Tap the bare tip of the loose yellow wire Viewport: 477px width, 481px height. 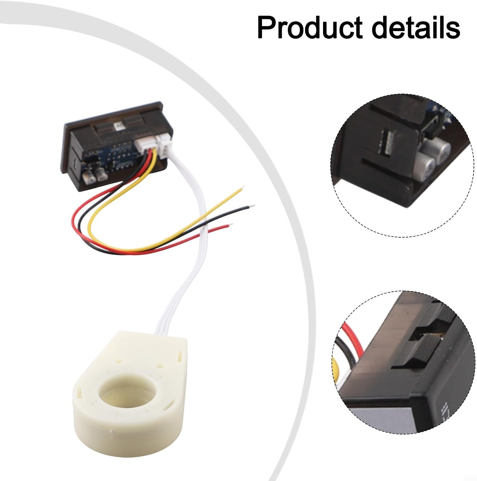[243, 187]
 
